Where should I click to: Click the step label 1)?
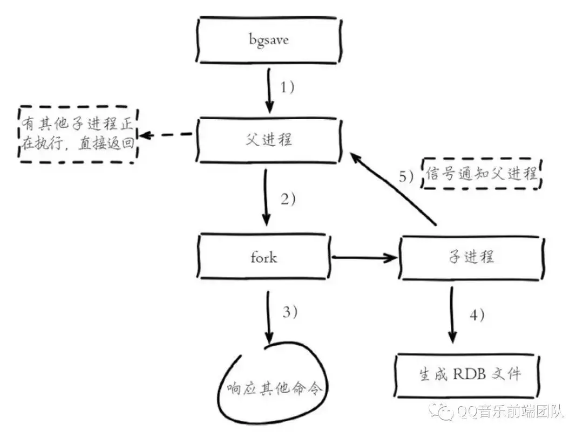[287, 88]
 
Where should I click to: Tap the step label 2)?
[288, 200]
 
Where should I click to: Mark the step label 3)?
[290, 312]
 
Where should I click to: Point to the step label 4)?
[477, 315]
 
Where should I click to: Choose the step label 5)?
[406, 176]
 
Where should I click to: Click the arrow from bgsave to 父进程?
[269, 90]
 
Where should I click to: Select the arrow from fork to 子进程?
[364, 257]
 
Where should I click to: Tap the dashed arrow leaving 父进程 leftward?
[166, 134]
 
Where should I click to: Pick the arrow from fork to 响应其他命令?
[268, 318]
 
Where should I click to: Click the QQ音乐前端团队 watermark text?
[510, 412]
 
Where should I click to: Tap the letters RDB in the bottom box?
[470, 374]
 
